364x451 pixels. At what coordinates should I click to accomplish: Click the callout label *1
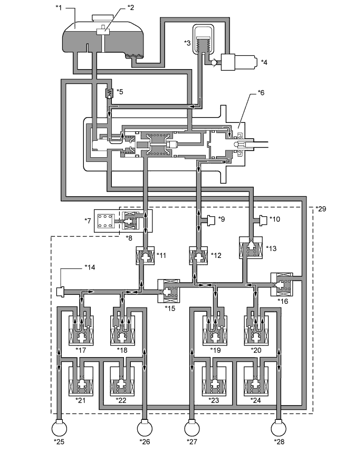pos(59,7)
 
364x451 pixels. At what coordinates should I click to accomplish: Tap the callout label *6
pos(261,93)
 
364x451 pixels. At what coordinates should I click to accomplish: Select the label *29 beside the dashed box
pos(321,209)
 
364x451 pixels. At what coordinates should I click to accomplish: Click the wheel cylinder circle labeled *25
pos(59,428)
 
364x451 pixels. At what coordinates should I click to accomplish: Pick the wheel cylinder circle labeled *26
pos(145,428)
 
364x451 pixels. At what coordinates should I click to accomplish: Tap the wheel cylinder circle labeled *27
pos(192,428)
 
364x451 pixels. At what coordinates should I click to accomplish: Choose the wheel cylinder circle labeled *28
pos(279,428)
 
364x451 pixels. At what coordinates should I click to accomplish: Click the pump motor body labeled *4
pos(238,62)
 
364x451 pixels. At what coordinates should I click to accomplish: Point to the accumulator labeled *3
pos(203,39)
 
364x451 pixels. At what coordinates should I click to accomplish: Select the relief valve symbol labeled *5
pos(109,93)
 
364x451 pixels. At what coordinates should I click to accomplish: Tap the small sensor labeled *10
pos(264,220)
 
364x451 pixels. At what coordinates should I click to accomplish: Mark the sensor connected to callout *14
pos(59,291)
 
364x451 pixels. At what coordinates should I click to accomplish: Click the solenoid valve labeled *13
pos(251,247)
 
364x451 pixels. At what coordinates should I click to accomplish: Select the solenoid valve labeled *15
pos(169,291)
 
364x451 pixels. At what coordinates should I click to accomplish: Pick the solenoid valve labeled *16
pos(282,284)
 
